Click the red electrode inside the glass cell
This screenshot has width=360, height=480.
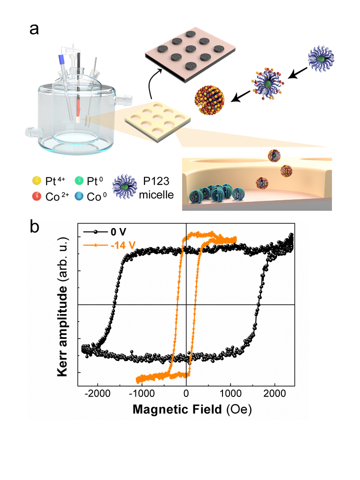click(78, 106)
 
